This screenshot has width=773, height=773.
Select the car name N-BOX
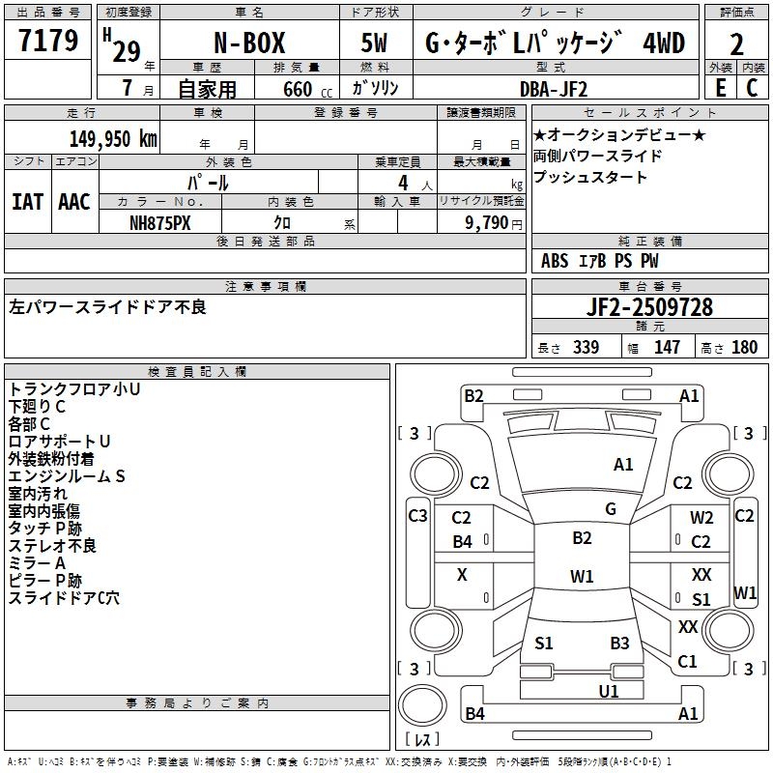click(248, 43)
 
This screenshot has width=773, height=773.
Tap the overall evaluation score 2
click(736, 44)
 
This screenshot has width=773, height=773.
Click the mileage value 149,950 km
click(113, 138)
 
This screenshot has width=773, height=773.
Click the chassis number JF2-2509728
click(649, 307)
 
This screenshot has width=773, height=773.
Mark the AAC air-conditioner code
click(74, 201)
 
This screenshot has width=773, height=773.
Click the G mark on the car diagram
click(611, 508)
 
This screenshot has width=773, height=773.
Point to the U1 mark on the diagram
click(609, 691)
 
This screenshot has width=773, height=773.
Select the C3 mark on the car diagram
click(417, 515)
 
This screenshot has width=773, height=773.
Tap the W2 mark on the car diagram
click(701, 519)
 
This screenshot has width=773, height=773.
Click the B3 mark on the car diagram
click(619, 643)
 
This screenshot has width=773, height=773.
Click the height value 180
click(745, 347)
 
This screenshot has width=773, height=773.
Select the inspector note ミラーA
click(37, 563)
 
